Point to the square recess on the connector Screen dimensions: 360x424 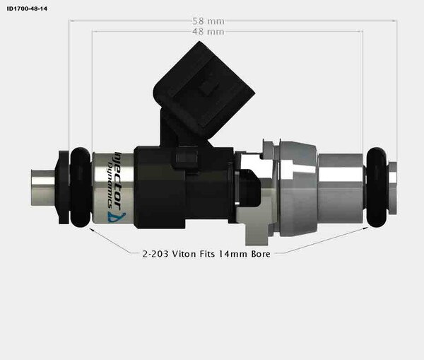[207, 88]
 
